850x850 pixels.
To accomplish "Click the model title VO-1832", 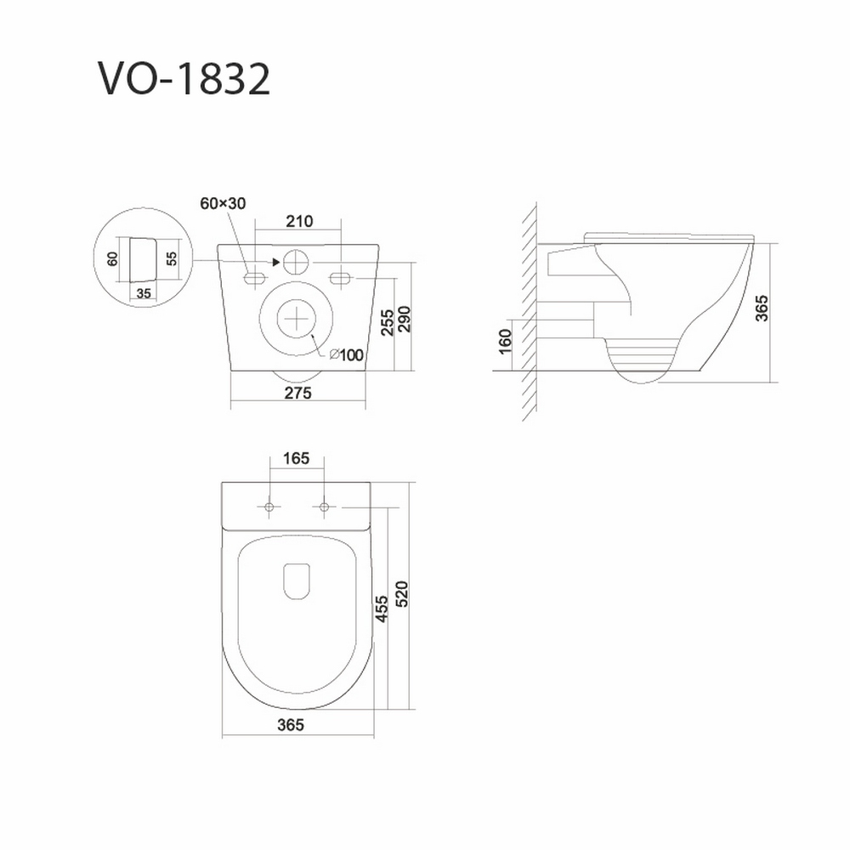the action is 184,79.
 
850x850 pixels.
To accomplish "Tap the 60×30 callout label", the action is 223,203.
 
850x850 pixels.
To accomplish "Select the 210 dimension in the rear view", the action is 300,221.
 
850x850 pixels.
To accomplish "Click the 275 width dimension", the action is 298,393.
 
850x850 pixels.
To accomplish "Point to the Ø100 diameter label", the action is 347,355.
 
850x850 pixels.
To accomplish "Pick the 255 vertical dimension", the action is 387,322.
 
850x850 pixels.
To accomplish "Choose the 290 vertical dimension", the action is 405,320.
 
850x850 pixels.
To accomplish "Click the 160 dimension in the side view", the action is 505,342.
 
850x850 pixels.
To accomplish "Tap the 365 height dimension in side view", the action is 762,309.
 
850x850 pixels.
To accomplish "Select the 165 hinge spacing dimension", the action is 297,459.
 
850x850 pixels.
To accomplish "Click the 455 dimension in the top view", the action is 382,609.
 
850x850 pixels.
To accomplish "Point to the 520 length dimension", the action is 402,594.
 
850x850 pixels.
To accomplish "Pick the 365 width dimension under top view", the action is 291,725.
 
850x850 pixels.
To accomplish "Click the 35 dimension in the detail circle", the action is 144,293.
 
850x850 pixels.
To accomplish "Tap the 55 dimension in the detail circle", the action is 172,258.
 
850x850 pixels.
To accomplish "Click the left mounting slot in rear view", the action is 253,278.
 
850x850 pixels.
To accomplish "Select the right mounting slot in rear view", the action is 341,278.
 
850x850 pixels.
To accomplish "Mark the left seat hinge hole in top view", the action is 269,507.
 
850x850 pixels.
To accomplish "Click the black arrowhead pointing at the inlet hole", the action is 276,263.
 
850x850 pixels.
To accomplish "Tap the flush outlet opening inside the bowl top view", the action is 297,581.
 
